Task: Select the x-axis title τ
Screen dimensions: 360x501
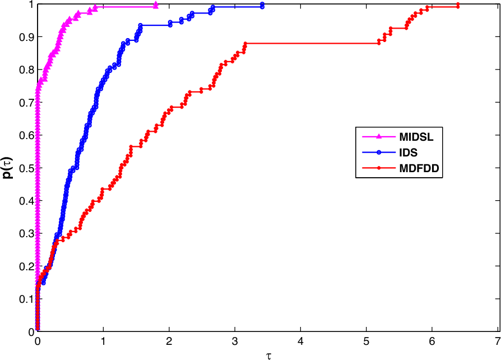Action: pyautogui.click(x=268, y=354)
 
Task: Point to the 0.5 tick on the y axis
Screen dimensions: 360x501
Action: pyautogui.click(x=26, y=168)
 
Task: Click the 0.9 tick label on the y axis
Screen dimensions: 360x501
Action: pyautogui.click(x=26, y=37)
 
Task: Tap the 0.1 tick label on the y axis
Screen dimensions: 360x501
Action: pyautogui.click(x=26, y=299)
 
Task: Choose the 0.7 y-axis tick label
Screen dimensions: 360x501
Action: pyautogui.click(x=26, y=103)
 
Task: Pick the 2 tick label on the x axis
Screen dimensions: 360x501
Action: pyautogui.click(x=169, y=341)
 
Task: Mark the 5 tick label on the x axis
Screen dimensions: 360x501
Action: pyautogui.click(x=366, y=341)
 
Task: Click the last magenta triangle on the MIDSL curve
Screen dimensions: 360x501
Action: pyautogui.click(x=155, y=5)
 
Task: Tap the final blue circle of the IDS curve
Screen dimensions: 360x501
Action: pyautogui.click(x=262, y=6)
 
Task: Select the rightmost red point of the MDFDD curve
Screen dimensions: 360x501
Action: pyautogui.click(x=458, y=6)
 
